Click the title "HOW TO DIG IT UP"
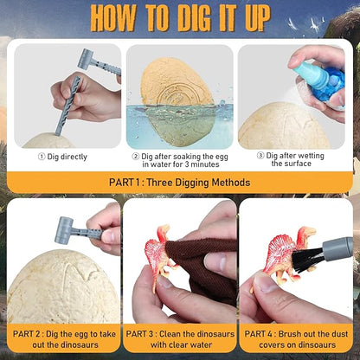(180, 16)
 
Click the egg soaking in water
(178, 100)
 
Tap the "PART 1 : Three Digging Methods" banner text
(180, 183)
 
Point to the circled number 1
(41, 157)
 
